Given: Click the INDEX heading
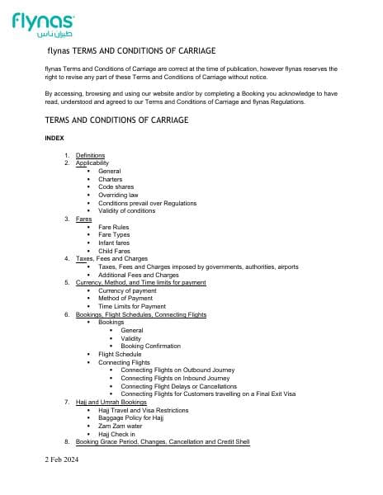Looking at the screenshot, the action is click(x=54, y=139).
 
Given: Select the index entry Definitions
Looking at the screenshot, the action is click(x=90, y=155).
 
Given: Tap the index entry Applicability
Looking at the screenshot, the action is click(x=92, y=163).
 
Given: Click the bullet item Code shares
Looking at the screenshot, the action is click(x=116, y=186).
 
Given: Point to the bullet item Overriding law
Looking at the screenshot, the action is click(x=119, y=195).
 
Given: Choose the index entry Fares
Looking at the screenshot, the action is click(x=83, y=219).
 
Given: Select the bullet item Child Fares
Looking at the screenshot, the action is click(x=115, y=251).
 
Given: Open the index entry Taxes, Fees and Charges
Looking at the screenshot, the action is click(x=111, y=259).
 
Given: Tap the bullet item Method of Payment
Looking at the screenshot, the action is click(x=125, y=299).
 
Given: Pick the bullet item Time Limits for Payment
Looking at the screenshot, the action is click(x=131, y=306).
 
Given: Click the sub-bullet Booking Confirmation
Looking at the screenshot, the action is click(x=150, y=346).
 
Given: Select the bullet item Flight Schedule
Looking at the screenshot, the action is click(x=120, y=354).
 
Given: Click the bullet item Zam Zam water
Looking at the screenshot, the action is click(x=120, y=426).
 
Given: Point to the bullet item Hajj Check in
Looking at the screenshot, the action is click(x=116, y=434).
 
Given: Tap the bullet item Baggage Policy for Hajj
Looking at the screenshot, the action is click(x=130, y=417).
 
